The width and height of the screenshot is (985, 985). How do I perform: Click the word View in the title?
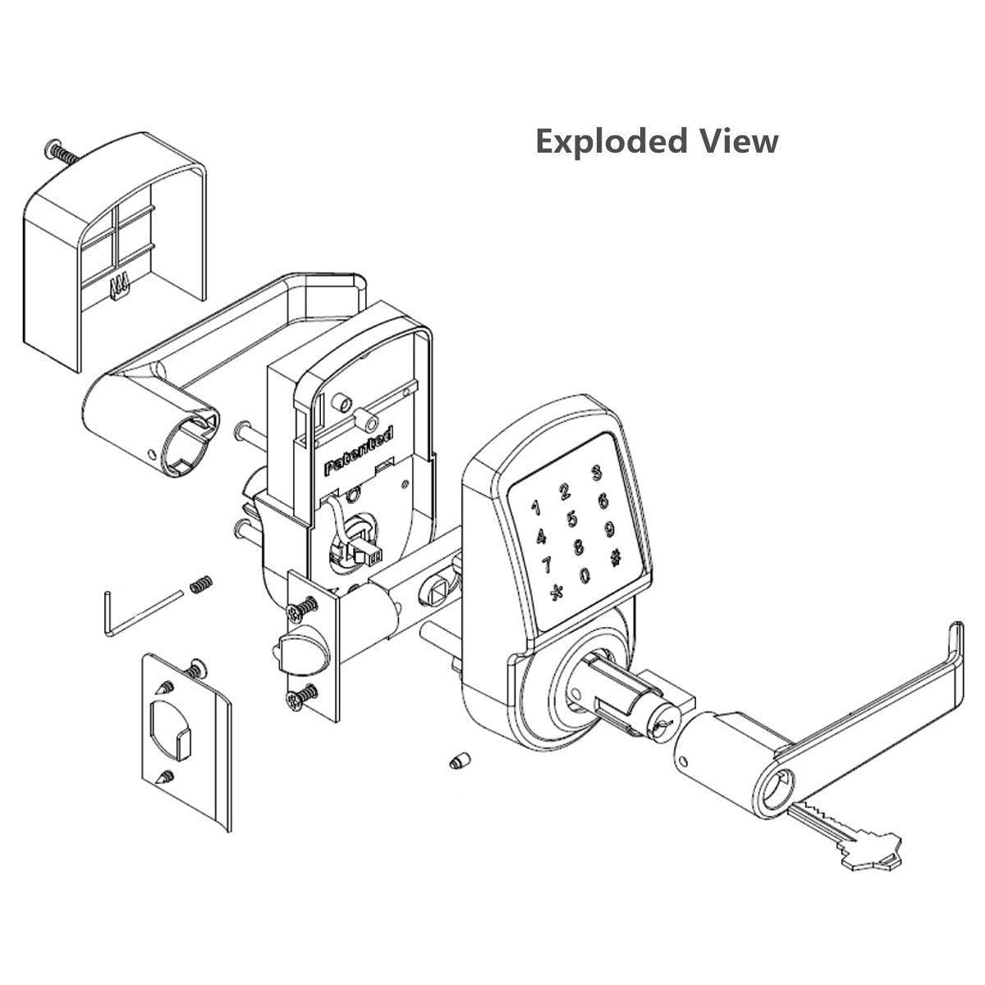[x=739, y=140]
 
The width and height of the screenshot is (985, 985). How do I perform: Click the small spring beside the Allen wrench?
[x=198, y=585]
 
